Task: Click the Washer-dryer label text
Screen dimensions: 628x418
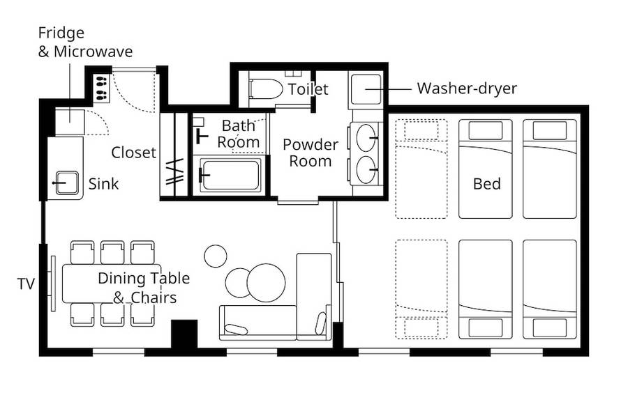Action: (467, 88)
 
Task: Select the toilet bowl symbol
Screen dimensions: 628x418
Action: (266, 88)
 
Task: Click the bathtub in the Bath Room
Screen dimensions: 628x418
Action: (230, 175)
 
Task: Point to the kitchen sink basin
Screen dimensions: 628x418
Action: (67, 183)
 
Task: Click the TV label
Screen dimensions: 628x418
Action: (26, 284)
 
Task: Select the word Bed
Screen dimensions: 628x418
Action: (486, 184)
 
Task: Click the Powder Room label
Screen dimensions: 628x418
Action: (311, 153)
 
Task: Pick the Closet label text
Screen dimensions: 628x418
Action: (133, 153)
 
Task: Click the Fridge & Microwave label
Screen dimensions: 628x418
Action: (85, 42)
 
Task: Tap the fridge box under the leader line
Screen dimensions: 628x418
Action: (70, 122)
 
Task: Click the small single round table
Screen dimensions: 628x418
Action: (216, 256)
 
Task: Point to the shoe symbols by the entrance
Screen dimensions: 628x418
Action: (102, 88)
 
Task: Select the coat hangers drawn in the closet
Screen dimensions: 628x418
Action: (175, 171)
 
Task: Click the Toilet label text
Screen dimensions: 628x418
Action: (308, 89)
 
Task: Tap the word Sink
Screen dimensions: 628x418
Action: (103, 184)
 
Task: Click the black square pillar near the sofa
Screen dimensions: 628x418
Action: (184, 334)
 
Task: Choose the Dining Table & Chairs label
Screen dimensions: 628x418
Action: (144, 288)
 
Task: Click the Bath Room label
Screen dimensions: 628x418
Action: (239, 134)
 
